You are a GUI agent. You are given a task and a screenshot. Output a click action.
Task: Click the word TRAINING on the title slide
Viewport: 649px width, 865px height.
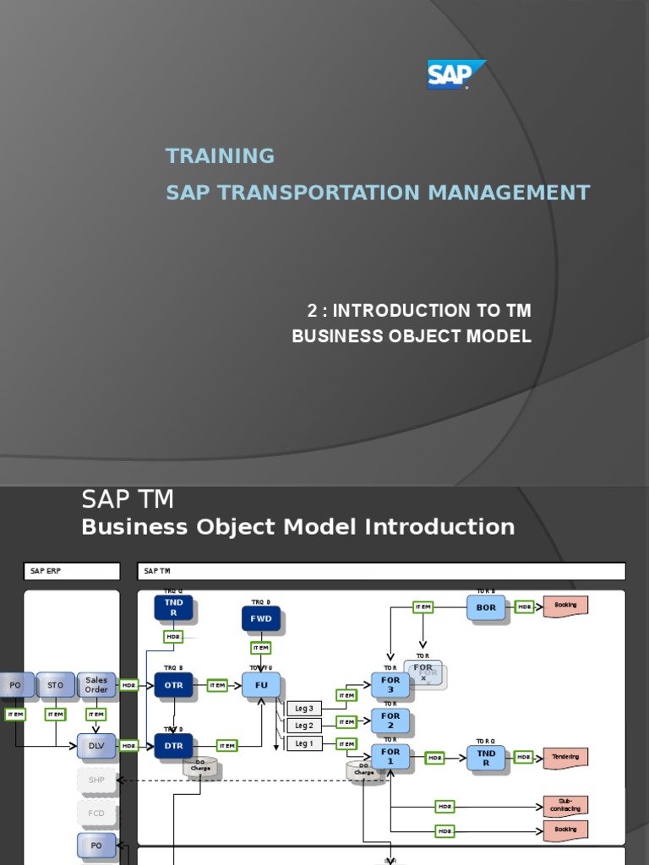221,155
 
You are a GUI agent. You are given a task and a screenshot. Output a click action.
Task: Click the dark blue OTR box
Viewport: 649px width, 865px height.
173,685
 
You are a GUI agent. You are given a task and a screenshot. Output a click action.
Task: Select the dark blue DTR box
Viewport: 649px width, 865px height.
173,745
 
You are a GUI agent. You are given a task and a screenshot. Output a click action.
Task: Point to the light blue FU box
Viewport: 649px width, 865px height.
261,685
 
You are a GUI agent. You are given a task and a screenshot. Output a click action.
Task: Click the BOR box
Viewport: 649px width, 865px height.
486,607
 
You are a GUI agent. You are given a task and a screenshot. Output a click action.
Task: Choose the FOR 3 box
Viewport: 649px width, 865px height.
390,685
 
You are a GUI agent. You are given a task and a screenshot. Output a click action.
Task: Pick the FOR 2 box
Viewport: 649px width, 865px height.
390,721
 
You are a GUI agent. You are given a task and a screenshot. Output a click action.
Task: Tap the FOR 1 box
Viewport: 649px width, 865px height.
390,756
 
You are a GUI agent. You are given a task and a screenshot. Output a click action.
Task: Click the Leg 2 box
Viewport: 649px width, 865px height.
304,726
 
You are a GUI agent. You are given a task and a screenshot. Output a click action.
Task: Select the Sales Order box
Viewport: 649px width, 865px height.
96,685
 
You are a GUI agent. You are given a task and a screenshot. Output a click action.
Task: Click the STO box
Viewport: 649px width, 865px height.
55,685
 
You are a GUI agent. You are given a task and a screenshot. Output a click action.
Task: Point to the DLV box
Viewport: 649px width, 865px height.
96,745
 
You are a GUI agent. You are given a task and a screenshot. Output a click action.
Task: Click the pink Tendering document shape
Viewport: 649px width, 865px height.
565,758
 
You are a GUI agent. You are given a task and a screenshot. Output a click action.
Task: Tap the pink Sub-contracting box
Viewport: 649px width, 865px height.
565,806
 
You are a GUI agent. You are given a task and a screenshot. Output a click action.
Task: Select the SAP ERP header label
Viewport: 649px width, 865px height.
72,572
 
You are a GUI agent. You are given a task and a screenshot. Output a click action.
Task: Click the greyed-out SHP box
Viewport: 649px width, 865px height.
96,780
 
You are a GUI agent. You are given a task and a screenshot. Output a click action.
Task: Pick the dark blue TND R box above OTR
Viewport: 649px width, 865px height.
173,607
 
